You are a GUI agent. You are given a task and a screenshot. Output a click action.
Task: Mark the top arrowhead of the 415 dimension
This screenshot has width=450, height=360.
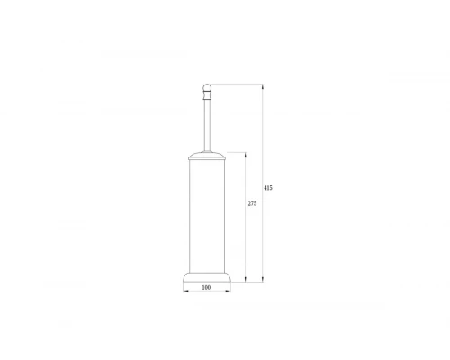click(x=262, y=86)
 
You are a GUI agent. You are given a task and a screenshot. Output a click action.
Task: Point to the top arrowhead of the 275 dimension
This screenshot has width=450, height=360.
click(x=246, y=153)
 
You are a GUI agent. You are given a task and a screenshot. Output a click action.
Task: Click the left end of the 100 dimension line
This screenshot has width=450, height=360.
click(x=184, y=292)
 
